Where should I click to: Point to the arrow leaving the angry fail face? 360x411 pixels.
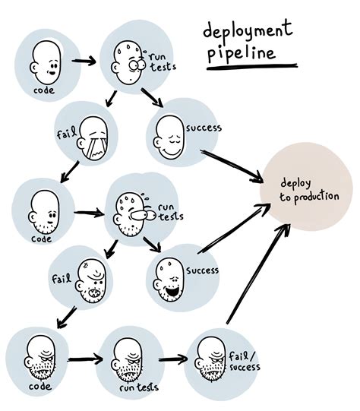coord(68,315)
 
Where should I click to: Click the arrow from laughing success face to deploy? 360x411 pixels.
coord(229,232)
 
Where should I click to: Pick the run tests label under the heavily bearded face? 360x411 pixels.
coord(138,387)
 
